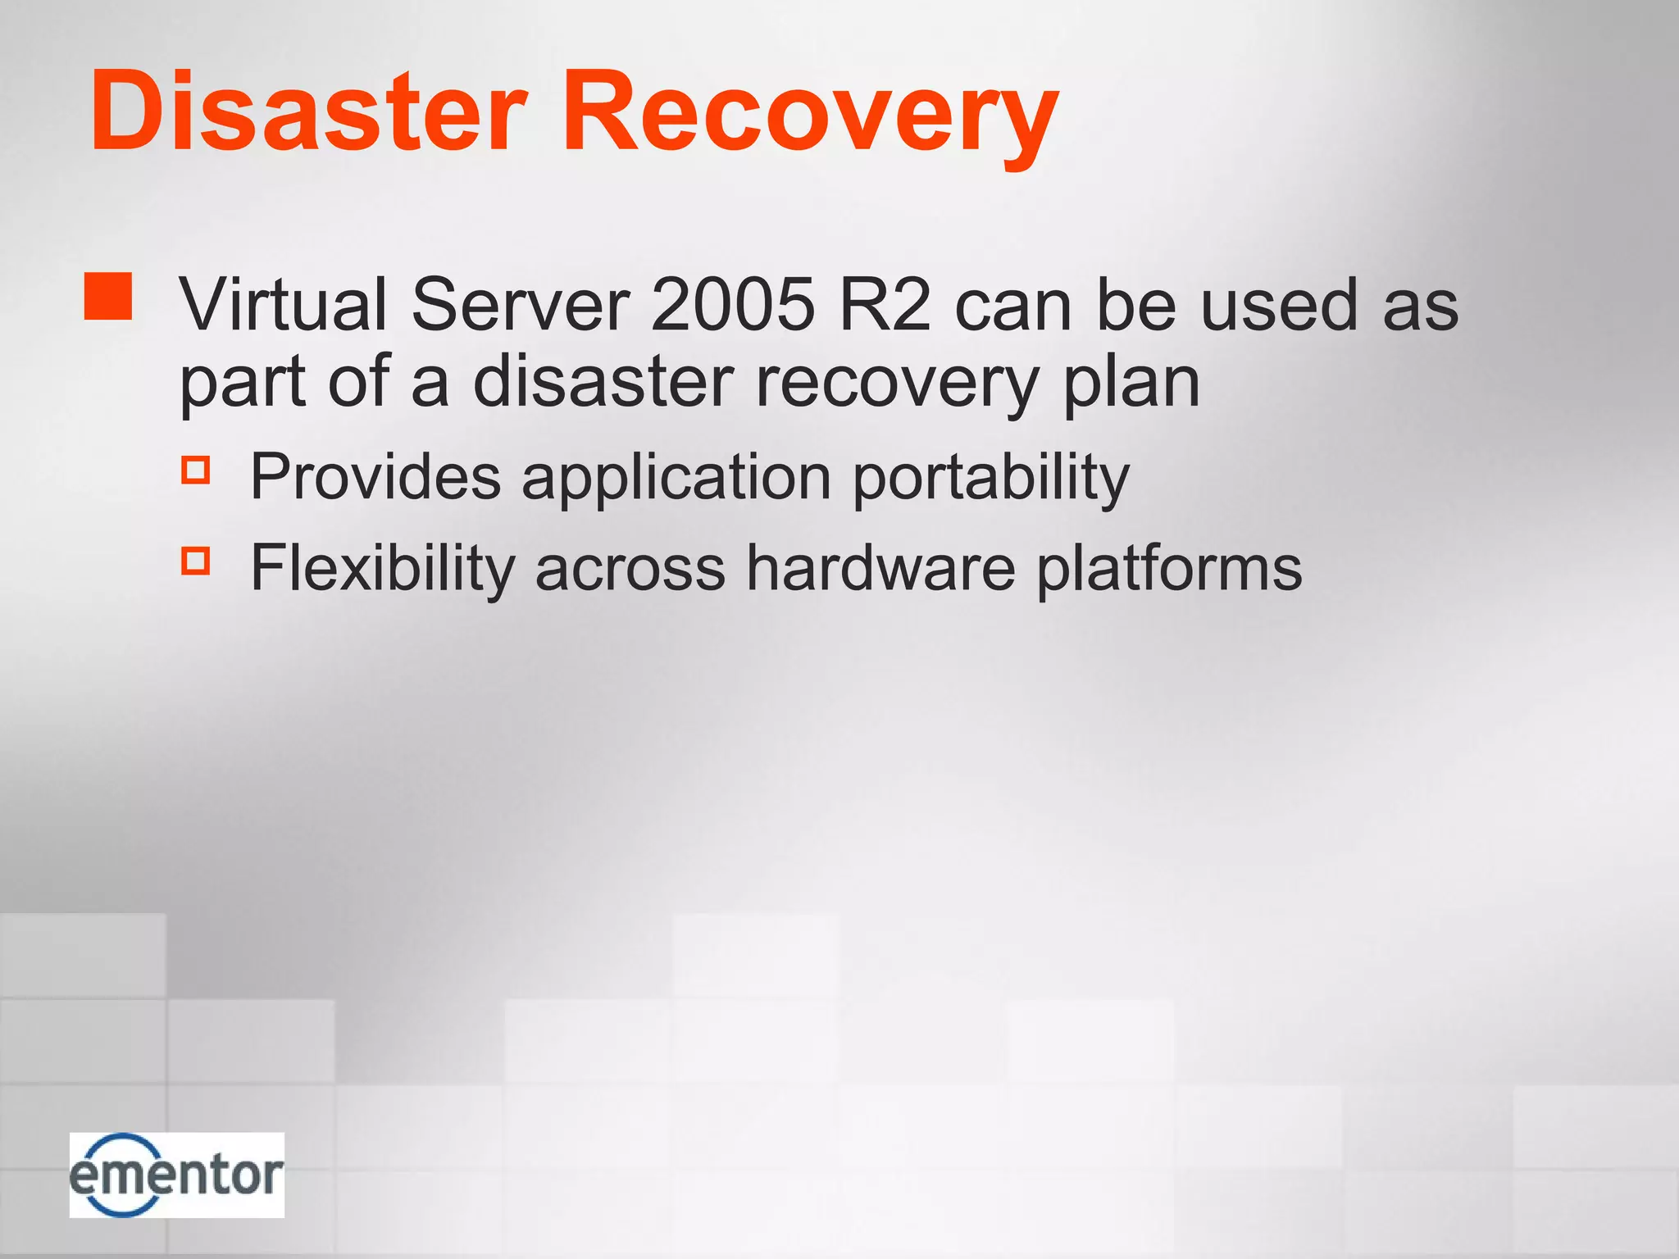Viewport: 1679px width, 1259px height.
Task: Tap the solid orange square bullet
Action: pos(108,296)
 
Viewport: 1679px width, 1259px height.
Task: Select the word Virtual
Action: pos(284,304)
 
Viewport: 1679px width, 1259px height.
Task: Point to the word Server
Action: pos(520,304)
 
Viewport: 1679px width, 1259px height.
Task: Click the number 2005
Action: pos(732,304)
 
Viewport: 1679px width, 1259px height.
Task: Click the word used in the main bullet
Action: pos(1279,304)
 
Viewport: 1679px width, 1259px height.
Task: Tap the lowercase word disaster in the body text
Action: pos(603,382)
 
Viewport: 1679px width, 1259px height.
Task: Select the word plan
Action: pos(1131,382)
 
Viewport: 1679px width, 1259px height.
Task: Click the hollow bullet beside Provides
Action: pos(196,470)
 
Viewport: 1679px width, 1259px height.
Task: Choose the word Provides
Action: pos(375,477)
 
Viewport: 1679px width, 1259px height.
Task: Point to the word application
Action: pos(676,477)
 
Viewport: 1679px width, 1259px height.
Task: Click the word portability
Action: pos(990,477)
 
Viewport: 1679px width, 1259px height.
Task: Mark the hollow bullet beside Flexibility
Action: pos(196,561)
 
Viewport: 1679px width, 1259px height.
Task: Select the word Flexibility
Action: pos(382,567)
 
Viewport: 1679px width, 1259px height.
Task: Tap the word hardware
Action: pos(880,567)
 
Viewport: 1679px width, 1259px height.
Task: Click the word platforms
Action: pos(1169,567)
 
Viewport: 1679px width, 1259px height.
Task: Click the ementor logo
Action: pos(177,1175)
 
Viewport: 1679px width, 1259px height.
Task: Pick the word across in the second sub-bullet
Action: pos(630,567)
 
